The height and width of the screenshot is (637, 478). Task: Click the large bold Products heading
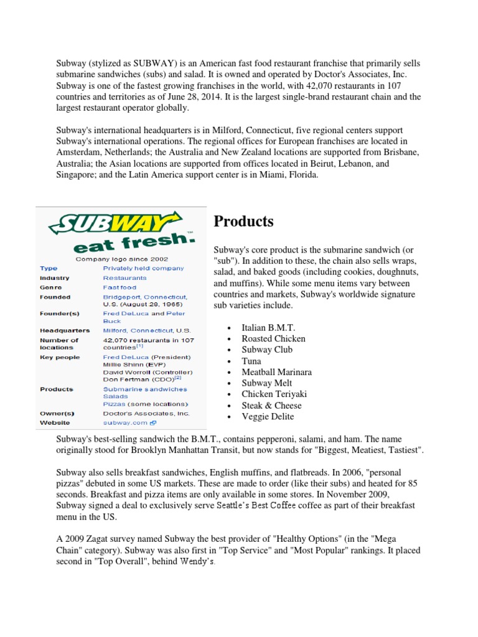pyautogui.click(x=244, y=221)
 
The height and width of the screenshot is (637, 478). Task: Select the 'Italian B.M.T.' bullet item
pyautogui.click(x=269, y=328)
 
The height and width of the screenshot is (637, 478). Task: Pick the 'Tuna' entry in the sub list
pyautogui.click(x=251, y=361)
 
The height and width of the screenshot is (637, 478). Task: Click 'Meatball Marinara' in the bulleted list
pyautogui.click(x=276, y=372)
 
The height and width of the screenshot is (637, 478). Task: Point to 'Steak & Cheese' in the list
pyautogui.click(x=271, y=406)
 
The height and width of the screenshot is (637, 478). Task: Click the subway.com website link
pyautogui.click(x=125, y=422)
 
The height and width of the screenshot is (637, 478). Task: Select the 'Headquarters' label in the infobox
pyautogui.click(x=65, y=330)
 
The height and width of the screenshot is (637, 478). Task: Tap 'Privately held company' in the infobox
pyautogui.click(x=143, y=268)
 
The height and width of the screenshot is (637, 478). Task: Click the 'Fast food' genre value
pyautogui.click(x=119, y=287)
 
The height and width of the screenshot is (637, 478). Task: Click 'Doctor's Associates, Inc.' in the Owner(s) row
pyautogui.click(x=146, y=413)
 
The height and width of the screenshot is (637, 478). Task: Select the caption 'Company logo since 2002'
pyautogui.click(x=121, y=258)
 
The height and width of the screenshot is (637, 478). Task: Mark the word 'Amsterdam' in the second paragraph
pyautogui.click(x=78, y=152)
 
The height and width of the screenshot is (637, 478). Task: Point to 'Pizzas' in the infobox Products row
pyautogui.click(x=115, y=404)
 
